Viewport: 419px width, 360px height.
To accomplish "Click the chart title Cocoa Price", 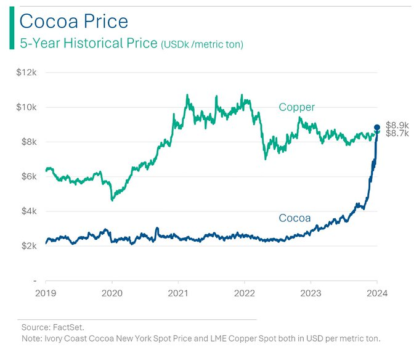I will click(74, 22).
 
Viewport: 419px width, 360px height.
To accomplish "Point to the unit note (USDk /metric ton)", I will click(202, 44).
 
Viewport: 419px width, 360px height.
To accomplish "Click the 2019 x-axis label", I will click(46, 293).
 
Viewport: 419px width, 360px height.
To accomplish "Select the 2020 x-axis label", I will click(112, 293).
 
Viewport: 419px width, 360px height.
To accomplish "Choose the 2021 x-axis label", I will click(179, 293).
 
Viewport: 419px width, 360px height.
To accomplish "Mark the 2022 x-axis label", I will click(245, 293).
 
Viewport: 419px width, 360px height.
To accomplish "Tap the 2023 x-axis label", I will click(311, 293).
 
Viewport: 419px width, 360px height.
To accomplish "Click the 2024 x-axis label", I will click(376, 293).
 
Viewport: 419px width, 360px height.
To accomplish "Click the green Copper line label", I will click(296, 107).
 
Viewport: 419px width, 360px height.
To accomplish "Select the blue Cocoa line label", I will click(295, 218).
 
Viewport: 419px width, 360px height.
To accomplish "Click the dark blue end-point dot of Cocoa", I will click(377, 128).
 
